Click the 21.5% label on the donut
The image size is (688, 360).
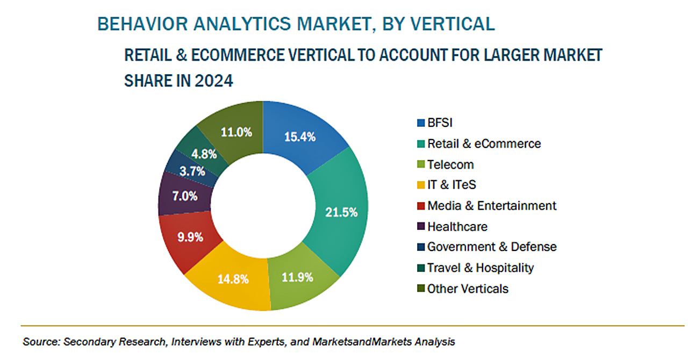[x=341, y=212]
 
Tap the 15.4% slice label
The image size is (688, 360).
[x=299, y=136]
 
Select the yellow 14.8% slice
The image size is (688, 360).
[x=233, y=279]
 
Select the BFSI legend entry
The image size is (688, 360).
[x=440, y=123]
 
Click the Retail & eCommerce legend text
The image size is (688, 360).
[x=484, y=144]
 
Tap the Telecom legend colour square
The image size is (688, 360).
[x=421, y=165]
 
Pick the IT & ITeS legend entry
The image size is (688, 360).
[x=451, y=185]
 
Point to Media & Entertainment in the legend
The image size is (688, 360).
[x=491, y=206]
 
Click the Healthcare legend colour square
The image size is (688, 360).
[x=421, y=227]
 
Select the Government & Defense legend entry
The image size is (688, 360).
[x=491, y=247]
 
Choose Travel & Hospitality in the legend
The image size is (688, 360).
[x=480, y=268]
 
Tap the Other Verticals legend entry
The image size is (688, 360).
[x=467, y=289]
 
